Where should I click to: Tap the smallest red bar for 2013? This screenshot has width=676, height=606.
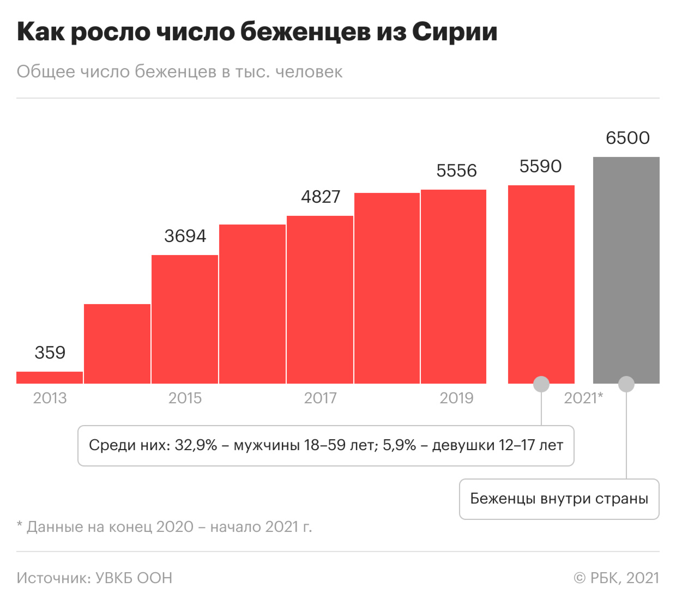pyautogui.click(x=50, y=377)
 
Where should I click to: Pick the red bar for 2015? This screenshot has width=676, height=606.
pyautogui.click(x=185, y=319)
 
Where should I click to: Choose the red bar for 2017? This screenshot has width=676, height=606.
pyautogui.click(x=320, y=299)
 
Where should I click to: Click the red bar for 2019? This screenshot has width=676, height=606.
pyautogui.click(x=454, y=286)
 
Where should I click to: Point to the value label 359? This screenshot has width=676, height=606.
pyautogui.click(x=50, y=353)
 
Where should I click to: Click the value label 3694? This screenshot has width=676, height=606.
pyautogui.click(x=185, y=236)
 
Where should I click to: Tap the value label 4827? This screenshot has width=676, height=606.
pyautogui.click(x=321, y=197)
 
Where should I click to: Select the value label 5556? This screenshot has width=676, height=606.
pyautogui.click(x=456, y=171)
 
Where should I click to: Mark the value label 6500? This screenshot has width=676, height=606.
pyautogui.click(x=627, y=138)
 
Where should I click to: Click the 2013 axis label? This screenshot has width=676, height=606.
pyautogui.click(x=50, y=398)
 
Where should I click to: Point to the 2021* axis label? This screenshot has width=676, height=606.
pyautogui.click(x=583, y=398)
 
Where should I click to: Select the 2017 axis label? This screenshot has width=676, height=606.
pyautogui.click(x=320, y=398)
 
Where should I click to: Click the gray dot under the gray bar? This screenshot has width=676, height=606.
pyautogui.click(x=626, y=384)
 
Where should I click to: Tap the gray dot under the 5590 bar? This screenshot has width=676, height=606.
pyautogui.click(x=541, y=384)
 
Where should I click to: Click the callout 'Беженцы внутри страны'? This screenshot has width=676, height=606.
pyautogui.click(x=559, y=499)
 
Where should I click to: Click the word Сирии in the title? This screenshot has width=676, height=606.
pyautogui.click(x=455, y=32)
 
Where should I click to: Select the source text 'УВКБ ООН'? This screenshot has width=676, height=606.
pyautogui.click(x=134, y=578)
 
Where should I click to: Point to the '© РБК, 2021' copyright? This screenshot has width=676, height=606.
pyautogui.click(x=616, y=578)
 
